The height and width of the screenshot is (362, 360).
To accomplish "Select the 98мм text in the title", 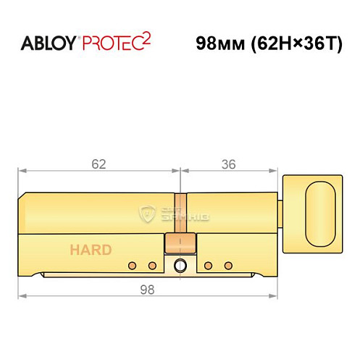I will [218, 43].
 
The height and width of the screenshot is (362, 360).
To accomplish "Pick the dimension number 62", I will [99, 164].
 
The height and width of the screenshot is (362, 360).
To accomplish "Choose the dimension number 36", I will [229, 164].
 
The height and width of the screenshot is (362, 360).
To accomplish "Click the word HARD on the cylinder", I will [91, 251].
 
